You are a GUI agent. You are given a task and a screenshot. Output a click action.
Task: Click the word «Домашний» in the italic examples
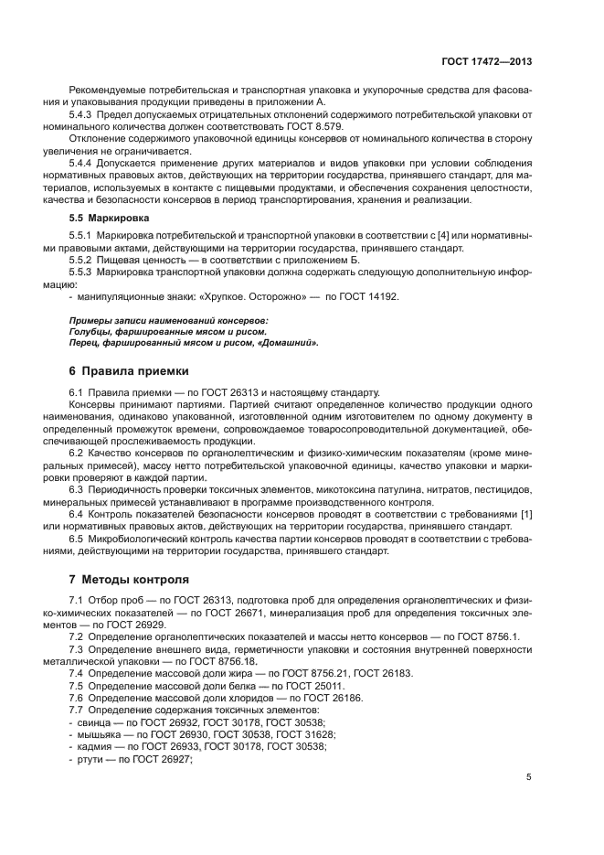tap(288, 343)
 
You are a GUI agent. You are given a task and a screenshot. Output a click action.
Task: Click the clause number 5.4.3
tap(83, 113)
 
